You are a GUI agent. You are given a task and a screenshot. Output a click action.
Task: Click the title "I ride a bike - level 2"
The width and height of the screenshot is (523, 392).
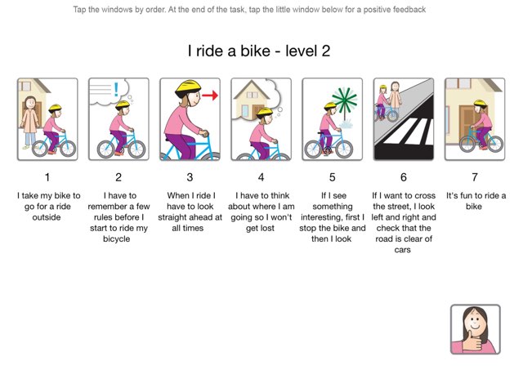pos(259,51)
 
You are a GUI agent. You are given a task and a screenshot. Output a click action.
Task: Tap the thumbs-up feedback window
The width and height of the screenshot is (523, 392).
pos(475,329)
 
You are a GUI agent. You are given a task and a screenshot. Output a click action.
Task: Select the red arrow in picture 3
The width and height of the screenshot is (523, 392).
pos(210,96)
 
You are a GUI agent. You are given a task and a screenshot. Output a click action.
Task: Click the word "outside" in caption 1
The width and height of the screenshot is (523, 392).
pos(47,217)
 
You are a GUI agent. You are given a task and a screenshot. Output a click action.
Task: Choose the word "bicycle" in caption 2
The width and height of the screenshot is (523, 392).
pos(118,238)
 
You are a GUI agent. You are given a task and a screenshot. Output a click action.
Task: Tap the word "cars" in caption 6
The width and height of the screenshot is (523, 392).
pos(404,249)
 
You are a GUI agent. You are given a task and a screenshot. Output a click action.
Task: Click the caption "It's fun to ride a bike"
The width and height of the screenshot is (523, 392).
pos(475,201)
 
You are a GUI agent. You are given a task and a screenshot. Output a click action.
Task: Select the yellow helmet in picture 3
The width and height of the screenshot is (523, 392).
pos(190,87)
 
